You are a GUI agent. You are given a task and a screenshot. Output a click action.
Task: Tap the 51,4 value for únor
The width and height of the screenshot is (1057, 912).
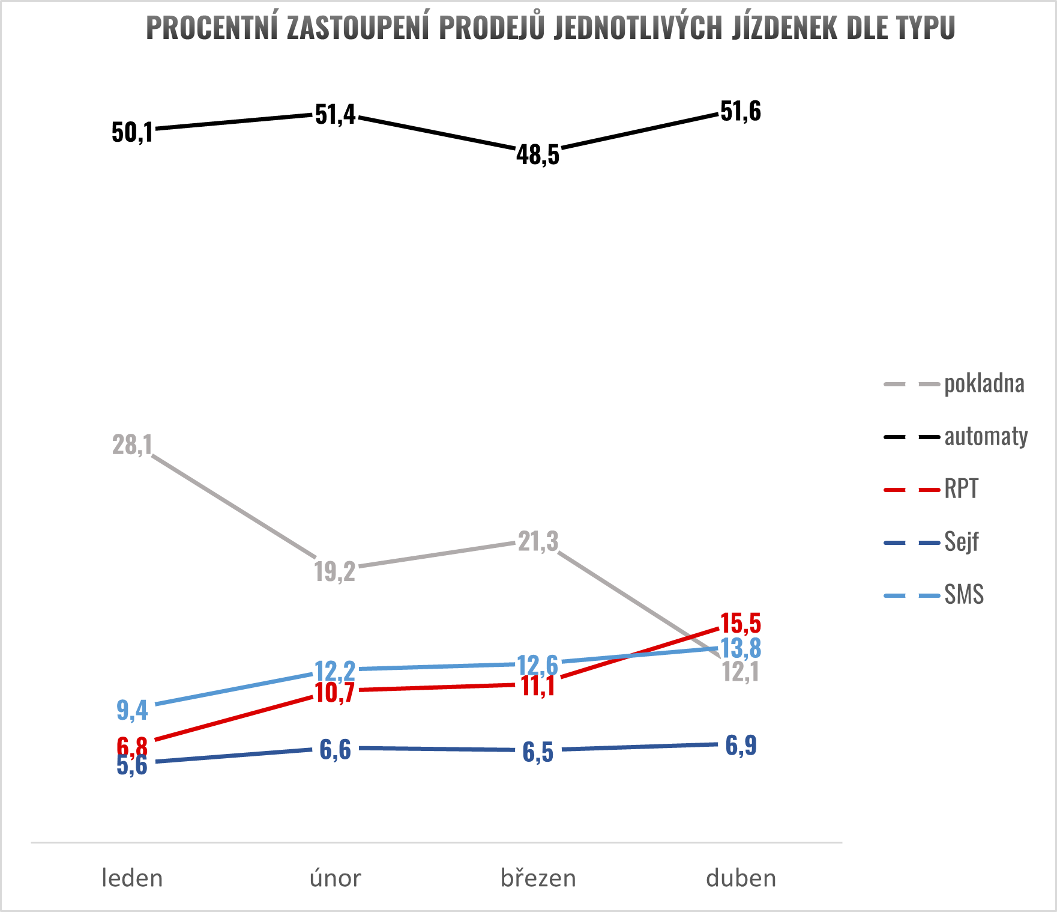point(335,114)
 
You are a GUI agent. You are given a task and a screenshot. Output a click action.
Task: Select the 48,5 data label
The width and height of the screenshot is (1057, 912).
point(538,155)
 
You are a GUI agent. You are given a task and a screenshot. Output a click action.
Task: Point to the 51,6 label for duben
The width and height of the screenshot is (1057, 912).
point(741,112)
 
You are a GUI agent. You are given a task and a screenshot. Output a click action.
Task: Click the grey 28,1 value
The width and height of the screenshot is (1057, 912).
point(132,445)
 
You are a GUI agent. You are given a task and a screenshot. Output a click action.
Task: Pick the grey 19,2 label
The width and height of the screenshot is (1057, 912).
point(335,571)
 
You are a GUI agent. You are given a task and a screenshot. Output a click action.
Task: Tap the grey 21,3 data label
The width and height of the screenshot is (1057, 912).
point(538,542)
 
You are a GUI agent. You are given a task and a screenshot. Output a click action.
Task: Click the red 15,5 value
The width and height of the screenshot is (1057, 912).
point(741,624)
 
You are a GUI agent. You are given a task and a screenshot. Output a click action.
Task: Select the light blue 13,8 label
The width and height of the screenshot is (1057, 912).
point(741,648)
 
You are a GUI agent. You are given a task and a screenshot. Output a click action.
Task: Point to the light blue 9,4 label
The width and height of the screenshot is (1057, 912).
point(132,710)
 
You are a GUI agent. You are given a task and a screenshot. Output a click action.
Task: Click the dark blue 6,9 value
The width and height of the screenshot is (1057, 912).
point(741,746)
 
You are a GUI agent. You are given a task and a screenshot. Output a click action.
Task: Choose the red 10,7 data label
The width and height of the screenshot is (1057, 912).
point(335,693)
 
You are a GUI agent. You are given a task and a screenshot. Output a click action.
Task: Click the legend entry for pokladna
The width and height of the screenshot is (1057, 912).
point(984,384)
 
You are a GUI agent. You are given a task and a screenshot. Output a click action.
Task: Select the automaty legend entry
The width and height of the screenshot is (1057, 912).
point(986,437)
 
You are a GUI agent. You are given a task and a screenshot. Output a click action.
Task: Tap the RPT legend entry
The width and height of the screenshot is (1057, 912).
point(961,489)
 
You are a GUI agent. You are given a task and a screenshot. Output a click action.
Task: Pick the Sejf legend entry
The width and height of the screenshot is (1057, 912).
point(961,542)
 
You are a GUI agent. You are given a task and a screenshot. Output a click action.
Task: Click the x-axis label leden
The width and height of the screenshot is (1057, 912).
point(132,878)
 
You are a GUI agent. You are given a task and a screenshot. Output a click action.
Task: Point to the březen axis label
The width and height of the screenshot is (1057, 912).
point(538,878)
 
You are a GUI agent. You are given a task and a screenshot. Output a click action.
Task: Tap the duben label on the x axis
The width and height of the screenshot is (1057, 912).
point(741,878)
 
